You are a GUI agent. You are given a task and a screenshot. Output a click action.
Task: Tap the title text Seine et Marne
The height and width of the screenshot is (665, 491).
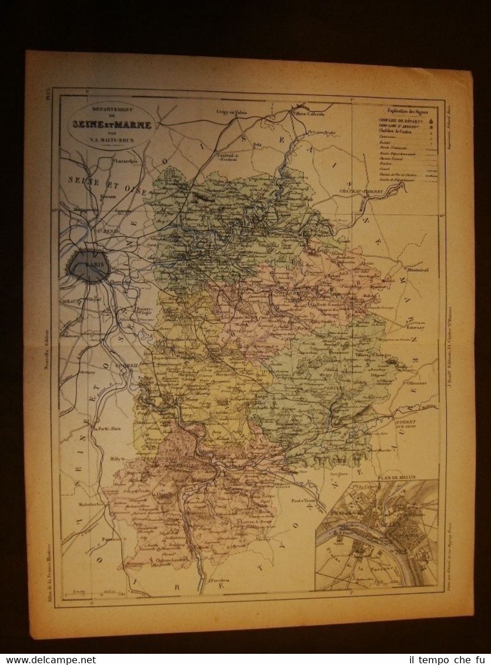click(111, 125)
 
